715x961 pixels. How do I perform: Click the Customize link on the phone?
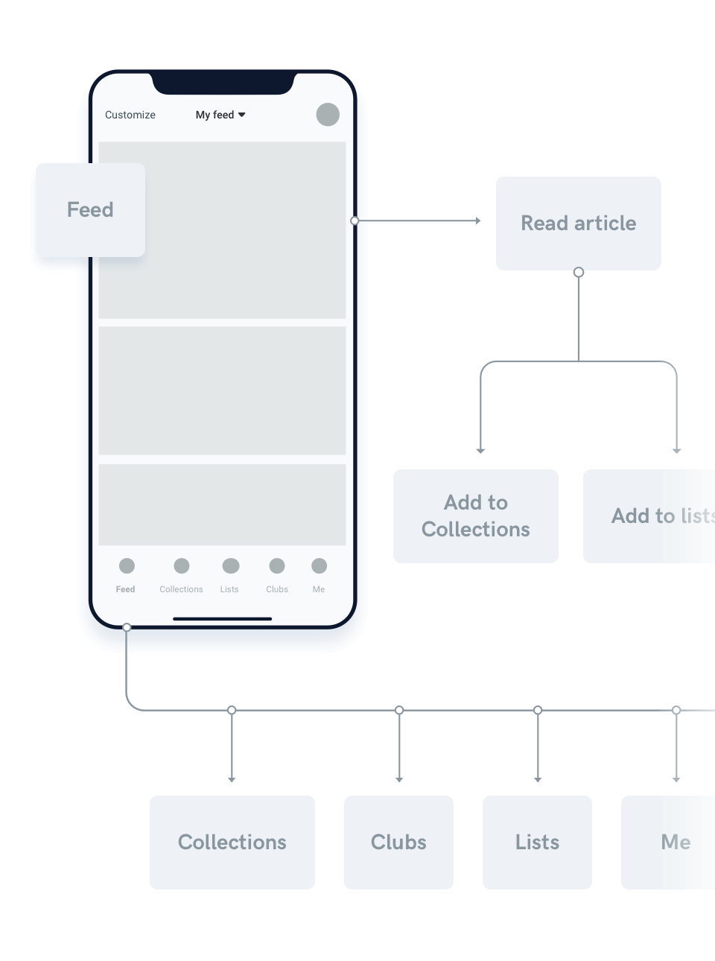click(x=130, y=115)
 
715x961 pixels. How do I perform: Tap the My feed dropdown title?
click(x=220, y=115)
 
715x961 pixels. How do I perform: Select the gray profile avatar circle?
click(x=328, y=115)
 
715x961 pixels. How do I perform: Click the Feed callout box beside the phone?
click(x=90, y=210)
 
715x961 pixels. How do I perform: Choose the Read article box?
click(x=578, y=223)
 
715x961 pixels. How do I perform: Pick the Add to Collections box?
click(x=475, y=516)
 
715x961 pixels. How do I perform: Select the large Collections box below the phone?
click(x=232, y=842)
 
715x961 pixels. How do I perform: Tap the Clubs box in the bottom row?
click(x=398, y=842)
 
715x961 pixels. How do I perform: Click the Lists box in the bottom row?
click(x=537, y=842)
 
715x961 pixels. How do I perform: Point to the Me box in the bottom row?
click(x=670, y=842)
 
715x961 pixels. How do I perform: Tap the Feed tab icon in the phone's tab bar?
click(x=127, y=566)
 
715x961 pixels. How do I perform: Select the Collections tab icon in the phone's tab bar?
click(x=182, y=566)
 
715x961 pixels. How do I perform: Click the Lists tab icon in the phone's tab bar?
click(x=231, y=566)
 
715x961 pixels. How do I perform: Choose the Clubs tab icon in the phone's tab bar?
click(x=277, y=566)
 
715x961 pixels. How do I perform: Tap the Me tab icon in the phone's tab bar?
click(x=320, y=566)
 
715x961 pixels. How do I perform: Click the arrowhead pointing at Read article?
click(x=478, y=221)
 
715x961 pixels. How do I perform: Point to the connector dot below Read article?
click(x=579, y=273)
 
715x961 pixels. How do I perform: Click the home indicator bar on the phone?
click(x=222, y=618)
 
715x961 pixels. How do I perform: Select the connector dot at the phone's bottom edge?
click(x=127, y=628)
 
